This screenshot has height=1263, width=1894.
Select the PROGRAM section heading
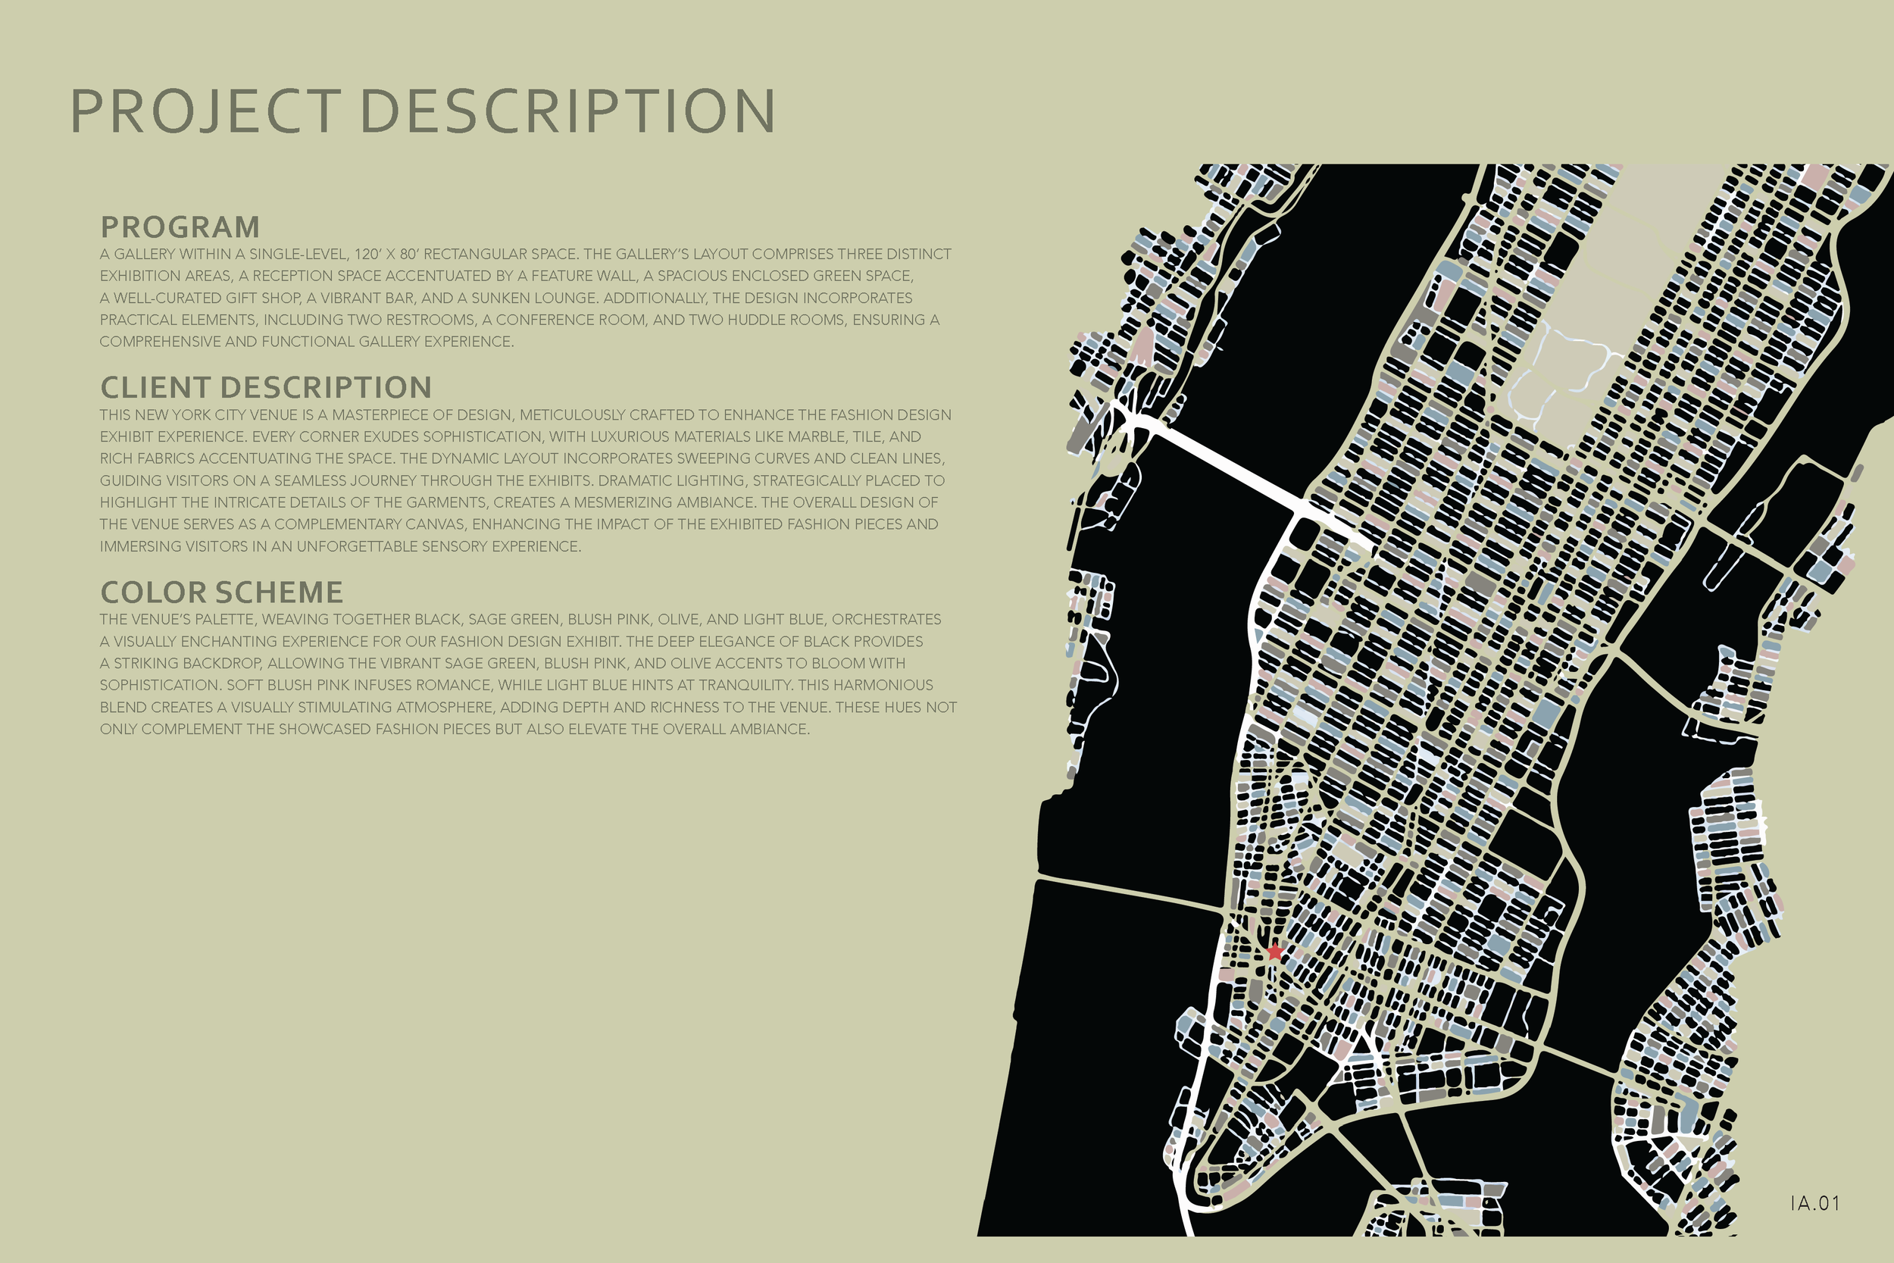point(180,228)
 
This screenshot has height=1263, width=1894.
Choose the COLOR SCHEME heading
point(221,592)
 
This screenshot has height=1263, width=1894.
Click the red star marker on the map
point(1274,952)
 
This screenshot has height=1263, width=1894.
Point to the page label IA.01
point(1815,1203)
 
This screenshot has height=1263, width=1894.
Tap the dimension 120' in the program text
point(367,255)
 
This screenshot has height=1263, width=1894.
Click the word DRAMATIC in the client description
point(642,481)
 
